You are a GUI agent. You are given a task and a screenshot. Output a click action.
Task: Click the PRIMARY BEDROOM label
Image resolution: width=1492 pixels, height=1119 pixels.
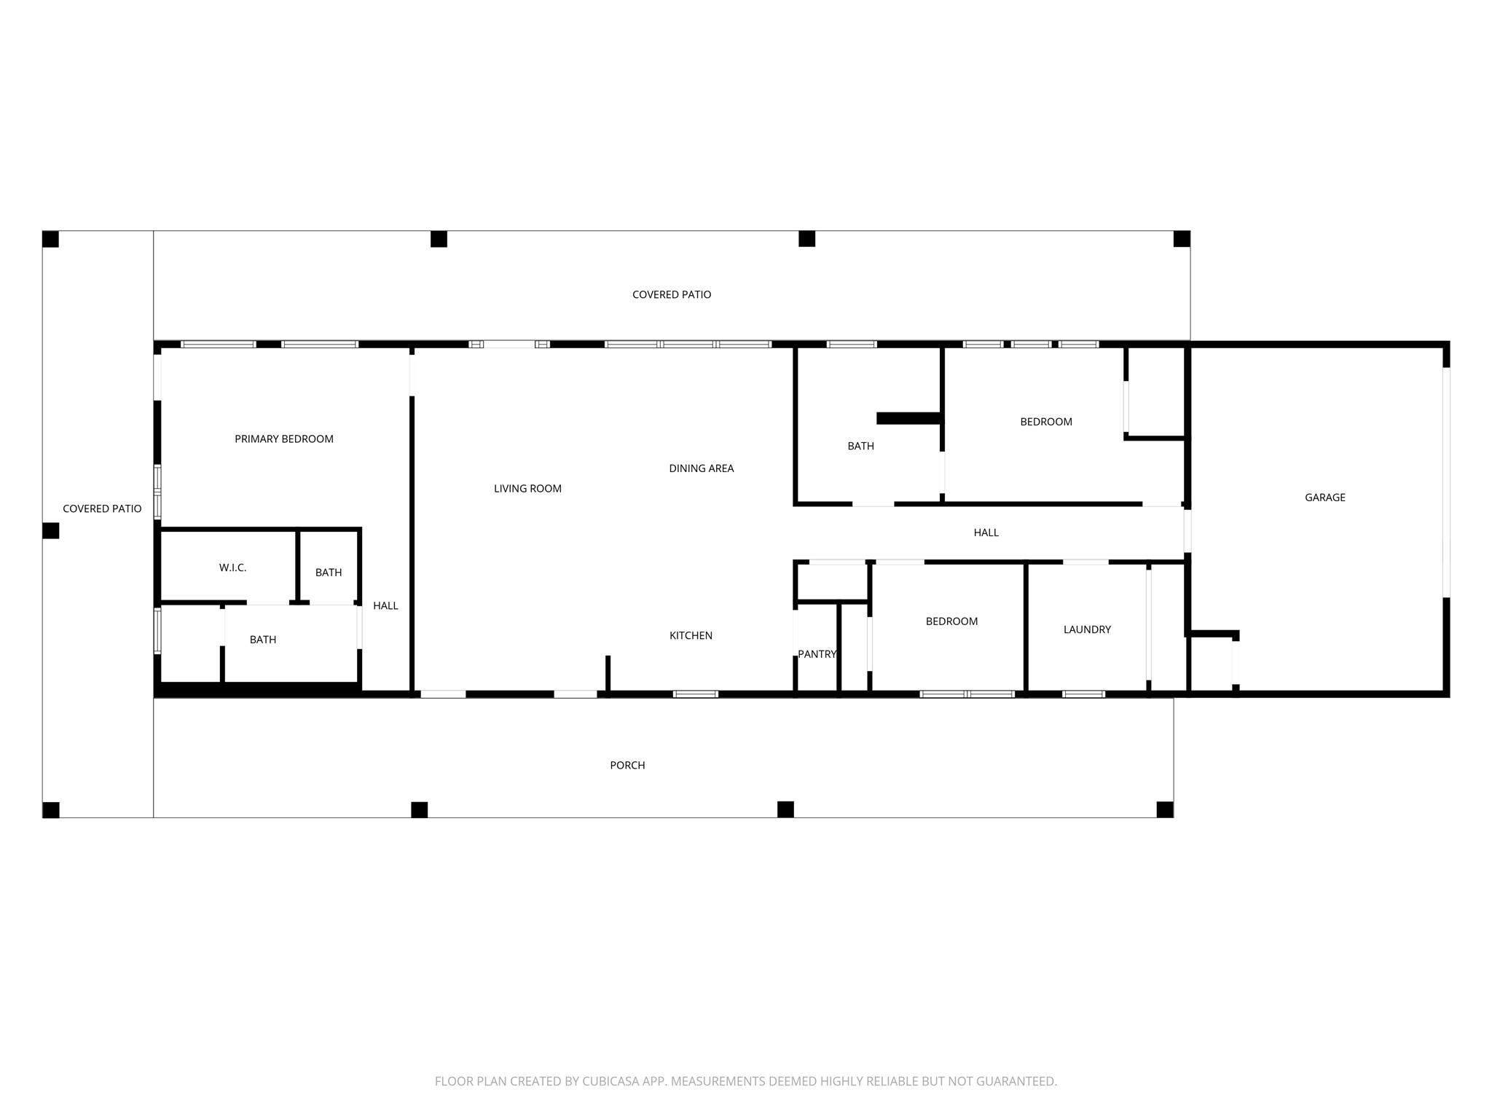coord(284,439)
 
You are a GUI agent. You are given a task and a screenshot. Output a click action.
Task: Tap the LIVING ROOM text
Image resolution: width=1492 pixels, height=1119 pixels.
coord(527,488)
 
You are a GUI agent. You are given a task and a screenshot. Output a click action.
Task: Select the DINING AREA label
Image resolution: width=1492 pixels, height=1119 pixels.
coord(701,468)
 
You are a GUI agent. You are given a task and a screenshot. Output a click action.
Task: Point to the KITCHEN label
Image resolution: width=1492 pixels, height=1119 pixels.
coord(691,635)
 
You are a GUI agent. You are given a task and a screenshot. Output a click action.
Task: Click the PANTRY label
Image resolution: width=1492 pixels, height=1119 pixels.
coord(817,654)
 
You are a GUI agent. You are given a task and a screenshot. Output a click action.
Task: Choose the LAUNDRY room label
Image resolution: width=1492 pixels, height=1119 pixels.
coord(1087,629)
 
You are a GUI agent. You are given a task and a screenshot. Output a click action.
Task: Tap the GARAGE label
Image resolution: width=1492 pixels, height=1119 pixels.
coord(1324,498)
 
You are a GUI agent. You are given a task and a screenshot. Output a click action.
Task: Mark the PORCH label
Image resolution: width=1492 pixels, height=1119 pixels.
coord(627,765)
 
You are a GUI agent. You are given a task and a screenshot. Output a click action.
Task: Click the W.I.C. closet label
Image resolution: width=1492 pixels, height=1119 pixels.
coord(232,568)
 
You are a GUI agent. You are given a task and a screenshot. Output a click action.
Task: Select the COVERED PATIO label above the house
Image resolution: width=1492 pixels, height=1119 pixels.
coord(671,294)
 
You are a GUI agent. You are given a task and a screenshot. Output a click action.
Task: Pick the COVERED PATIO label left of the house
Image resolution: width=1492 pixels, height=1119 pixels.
coord(102,509)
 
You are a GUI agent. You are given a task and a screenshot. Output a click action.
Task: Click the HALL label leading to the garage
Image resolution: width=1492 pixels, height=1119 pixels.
coord(986,533)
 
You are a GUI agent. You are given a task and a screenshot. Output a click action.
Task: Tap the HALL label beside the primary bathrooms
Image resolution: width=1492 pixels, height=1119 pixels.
coord(385,605)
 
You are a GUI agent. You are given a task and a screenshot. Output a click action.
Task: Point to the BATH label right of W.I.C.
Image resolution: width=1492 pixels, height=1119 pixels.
coord(328,573)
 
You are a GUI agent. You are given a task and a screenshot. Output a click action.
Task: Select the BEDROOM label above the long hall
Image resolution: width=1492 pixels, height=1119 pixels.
coord(1045,422)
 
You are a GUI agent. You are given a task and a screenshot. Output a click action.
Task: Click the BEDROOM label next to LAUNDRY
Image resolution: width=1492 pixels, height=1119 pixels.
coord(951,621)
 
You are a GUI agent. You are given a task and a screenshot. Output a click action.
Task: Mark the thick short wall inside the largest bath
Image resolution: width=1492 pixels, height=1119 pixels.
coord(908,418)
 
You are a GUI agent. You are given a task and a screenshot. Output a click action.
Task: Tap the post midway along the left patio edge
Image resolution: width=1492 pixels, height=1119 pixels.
coord(50,530)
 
